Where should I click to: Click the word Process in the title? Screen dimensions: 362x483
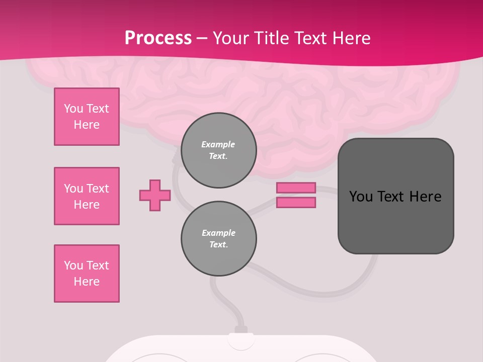158,38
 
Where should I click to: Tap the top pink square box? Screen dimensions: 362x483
87,117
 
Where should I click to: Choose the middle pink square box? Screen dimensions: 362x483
87,196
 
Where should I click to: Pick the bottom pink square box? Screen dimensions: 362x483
87,274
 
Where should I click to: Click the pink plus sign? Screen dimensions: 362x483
155,195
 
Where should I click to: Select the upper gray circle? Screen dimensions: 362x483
218,150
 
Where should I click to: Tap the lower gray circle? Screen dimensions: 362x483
218,239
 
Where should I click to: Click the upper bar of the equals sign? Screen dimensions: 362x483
296,188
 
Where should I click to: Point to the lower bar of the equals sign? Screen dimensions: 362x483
296,203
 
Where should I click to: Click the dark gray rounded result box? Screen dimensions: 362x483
395,221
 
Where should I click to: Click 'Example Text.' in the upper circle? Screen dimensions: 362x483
218,150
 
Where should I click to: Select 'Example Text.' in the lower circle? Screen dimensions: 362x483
218,239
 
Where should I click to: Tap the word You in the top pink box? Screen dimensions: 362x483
73,109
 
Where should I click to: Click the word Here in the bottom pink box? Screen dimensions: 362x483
87,282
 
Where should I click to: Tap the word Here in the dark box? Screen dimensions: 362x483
425,197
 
